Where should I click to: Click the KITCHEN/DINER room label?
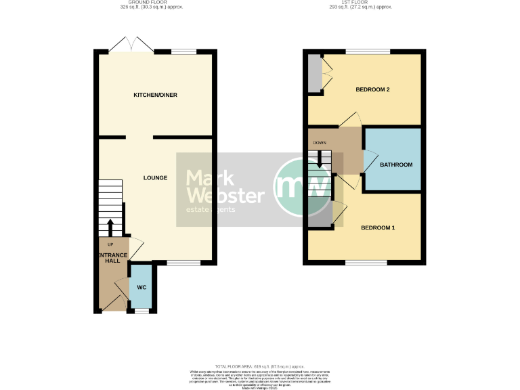click(155, 95)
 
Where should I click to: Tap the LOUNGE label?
click(155, 178)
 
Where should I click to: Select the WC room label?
click(142, 287)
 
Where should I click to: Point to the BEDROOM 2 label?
click(373, 89)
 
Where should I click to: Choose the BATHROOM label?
click(395, 165)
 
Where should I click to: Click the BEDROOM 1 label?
click(377, 227)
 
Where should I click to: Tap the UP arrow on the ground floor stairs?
click(110, 225)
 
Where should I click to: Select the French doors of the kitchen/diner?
click(131, 46)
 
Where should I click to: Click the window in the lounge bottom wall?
click(183, 262)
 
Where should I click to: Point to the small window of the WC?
click(142, 311)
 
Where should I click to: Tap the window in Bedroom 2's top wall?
click(368, 52)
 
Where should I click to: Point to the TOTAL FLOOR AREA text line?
click(259, 365)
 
